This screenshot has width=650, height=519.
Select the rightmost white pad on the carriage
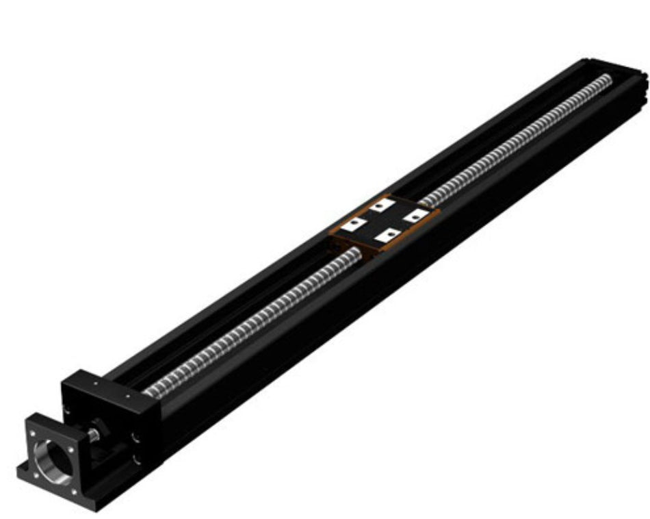414,216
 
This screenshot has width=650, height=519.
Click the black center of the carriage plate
384,220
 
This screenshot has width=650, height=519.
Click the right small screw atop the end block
128,396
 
